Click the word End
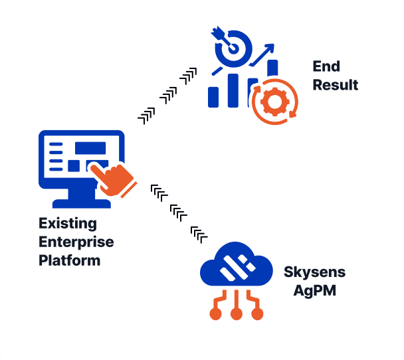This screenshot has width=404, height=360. tap(326, 66)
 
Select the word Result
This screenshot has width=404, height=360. tap(336, 85)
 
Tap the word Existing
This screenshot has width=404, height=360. tap(68, 223)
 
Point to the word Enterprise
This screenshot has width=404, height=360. tap(76, 242)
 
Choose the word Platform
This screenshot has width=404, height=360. tap(70, 260)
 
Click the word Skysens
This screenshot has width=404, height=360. tap(315, 273)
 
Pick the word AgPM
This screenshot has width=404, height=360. tap(315, 291)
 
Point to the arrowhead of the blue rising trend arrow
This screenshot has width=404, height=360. tap(268, 48)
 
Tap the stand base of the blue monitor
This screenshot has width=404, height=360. tap(82, 202)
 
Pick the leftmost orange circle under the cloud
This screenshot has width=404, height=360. tap(215, 313)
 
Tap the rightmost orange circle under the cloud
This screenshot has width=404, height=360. tap(257, 313)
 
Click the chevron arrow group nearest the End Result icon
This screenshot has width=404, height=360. tap(189, 74)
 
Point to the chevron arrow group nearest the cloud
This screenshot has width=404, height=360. tap(199, 232)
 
